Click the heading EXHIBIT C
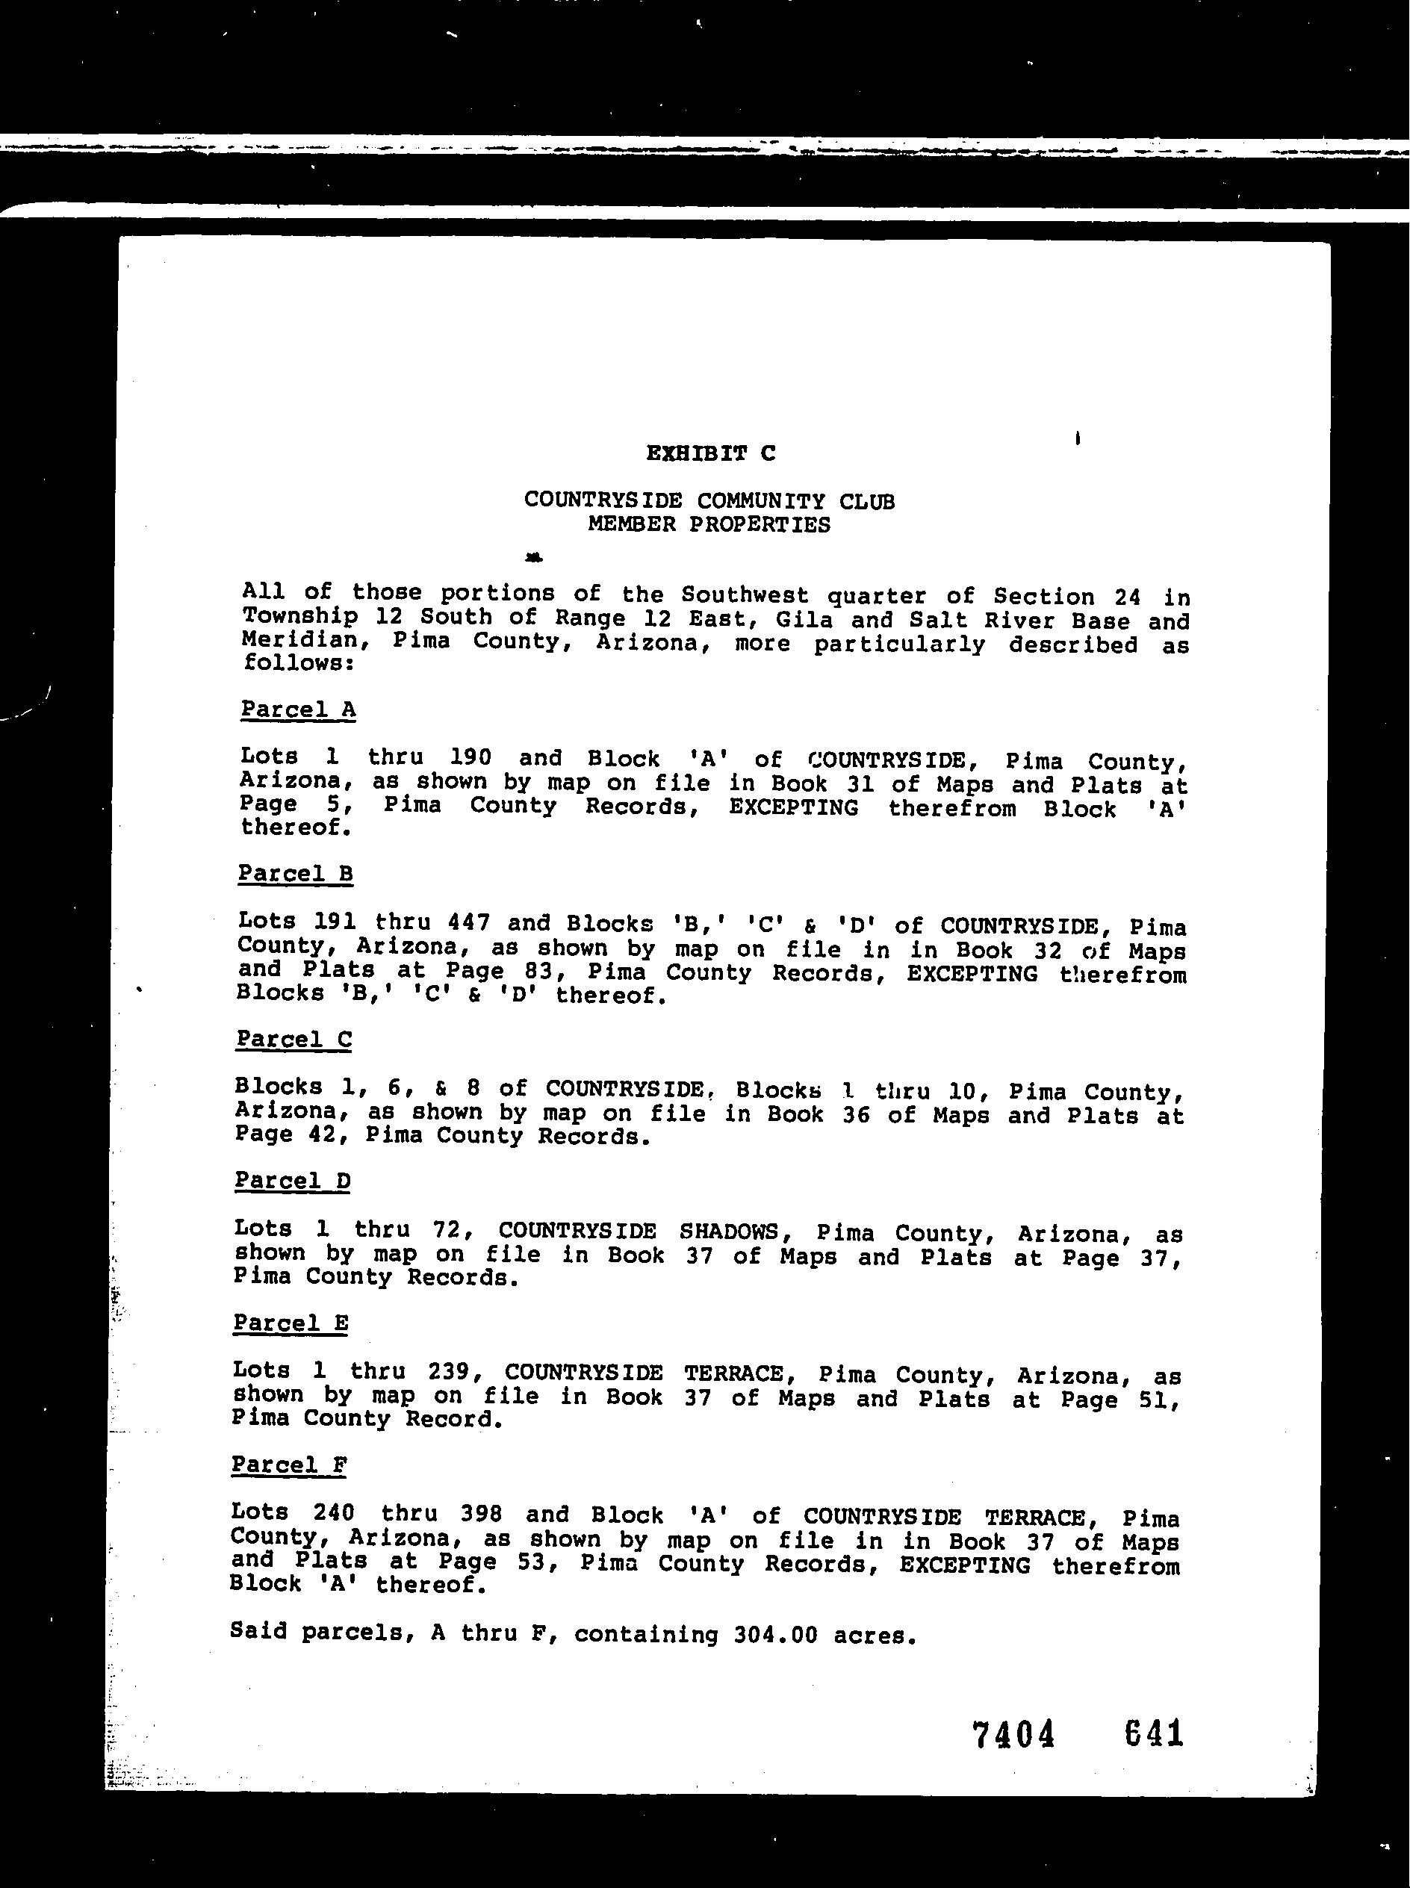(710, 453)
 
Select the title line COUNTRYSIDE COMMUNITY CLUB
(709, 500)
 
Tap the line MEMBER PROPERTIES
(709, 524)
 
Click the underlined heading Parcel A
(298, 709)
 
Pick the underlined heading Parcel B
(295, 873)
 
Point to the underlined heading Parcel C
(294, 1039)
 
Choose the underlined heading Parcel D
(293, 1181)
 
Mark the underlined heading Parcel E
(291, 1323)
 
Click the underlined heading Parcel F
(289, 1465)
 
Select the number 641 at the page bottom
(1154, 1733)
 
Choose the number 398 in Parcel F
(480, 1513)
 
